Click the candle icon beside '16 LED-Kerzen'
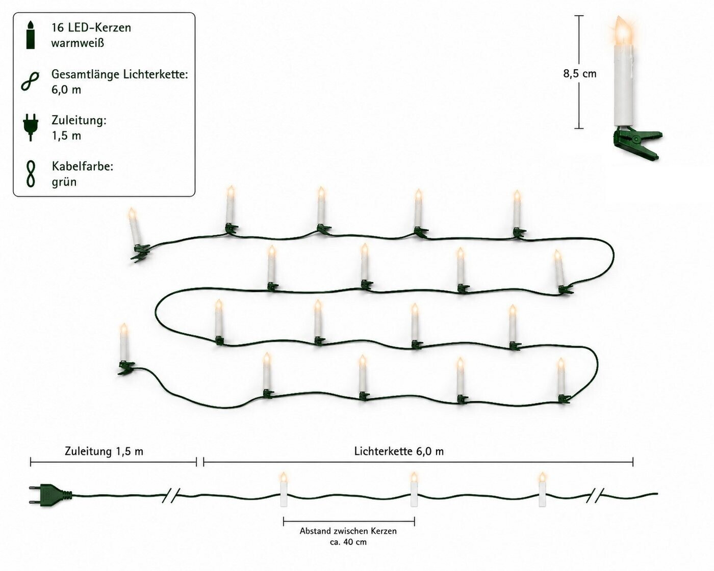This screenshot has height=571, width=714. click(x=31, y=35)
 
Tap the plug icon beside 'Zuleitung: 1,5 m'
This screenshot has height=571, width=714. click(x=31, y=127)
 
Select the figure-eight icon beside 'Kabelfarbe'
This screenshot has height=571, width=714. click(x=31, y=174)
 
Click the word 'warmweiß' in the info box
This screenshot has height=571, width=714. click(x=78, y=43)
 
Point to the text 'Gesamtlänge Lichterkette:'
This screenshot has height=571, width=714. click(x=120, y=74)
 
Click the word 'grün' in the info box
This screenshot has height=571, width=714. click(x=64, y=182)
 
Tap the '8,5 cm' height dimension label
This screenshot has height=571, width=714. click(x=580, y=73)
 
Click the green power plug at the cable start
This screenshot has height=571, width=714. click(x=50, y=496)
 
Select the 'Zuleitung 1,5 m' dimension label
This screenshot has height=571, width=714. click(x=104, y=451)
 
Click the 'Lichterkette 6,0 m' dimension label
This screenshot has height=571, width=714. click(x=399, y=451)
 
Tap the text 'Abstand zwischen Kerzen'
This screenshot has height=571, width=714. click(x=348, y=531)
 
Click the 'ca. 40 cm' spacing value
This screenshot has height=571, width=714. click(x=348, y=542)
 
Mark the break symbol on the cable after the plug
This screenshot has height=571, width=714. click(x=171, y=495)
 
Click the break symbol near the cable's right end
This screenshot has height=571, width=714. click(x=595, y=495)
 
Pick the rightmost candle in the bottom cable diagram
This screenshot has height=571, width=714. click(x=542, y=489)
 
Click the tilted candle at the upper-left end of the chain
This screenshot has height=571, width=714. click(x=137, y=235)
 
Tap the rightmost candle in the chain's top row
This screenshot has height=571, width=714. click(x=518, y=214)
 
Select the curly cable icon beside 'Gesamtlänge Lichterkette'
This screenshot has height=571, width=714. click(x=30, y=81)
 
